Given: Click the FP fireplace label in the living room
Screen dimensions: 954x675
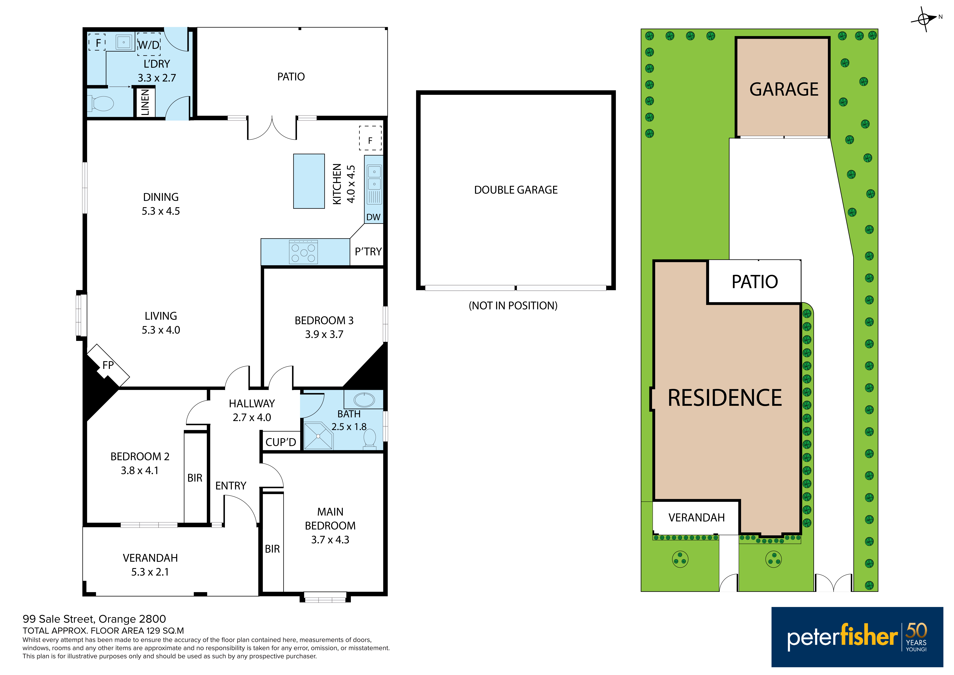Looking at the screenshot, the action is click(x=108, y=365).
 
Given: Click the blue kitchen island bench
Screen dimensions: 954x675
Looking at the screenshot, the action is click(x=309, y=181).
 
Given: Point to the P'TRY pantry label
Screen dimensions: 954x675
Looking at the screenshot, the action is click(x=368, y=252).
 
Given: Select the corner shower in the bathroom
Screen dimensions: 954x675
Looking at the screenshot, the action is click(x=318, y=436).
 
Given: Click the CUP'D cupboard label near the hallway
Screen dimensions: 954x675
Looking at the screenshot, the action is click(x=281, y=442).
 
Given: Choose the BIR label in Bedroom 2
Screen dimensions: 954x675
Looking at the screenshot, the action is click(x=195, y=478).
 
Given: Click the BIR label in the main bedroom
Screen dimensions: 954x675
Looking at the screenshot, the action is click(x=273, y=549).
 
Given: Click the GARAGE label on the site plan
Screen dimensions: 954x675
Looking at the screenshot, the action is click(x=784, y=89).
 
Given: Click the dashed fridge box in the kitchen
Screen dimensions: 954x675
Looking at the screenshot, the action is click(x=370, y=138).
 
